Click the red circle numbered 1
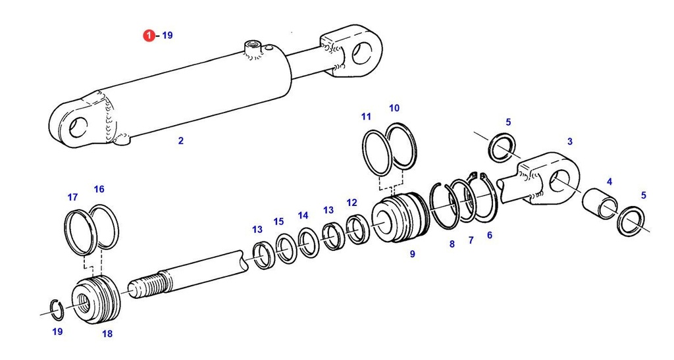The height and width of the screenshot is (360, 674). click(x=149, y=35)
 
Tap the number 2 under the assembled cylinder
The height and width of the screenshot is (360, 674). click(x=181, y=140)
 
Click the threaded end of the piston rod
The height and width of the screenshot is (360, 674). click(x=146, y=288)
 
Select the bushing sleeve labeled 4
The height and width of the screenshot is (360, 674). click(x=600, y=205)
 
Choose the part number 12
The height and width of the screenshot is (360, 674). click(x=351, y=203)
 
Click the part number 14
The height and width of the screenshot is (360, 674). click(x=303, y=215)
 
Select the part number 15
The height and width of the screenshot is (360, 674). click(x=278, y=221)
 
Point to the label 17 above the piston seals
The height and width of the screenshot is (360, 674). click(x=72, y=197)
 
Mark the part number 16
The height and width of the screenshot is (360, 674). click(x=99, y=190)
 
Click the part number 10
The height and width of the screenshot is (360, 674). click(x=394, y=108)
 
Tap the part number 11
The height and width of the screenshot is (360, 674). click(x=366, y=116)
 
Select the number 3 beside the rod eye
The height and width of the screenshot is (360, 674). click(x=569, y=141)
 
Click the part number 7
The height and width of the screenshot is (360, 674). click(x=471, y=240)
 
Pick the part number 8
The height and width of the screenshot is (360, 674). click(x=452, y=244)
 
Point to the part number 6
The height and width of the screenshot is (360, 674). click(x=489, y=235)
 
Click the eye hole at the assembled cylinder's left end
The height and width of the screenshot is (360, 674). click(x=78, y=126)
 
